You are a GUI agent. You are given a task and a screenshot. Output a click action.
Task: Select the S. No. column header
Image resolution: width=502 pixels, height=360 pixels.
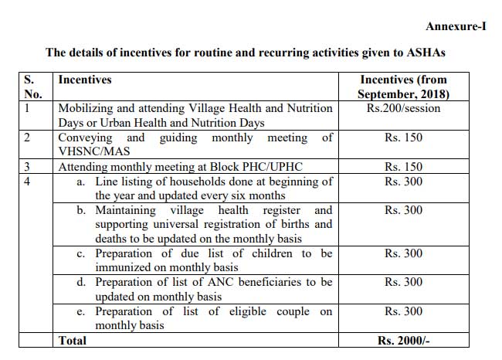tap(34, 87)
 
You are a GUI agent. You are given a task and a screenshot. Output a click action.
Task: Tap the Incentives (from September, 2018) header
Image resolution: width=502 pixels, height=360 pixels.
tap(403, 87)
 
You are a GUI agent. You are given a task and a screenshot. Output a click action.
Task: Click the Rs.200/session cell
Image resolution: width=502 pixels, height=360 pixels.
tap(403, 108)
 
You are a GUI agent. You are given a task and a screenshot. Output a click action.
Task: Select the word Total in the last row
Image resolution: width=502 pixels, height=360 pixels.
tap(73, 340)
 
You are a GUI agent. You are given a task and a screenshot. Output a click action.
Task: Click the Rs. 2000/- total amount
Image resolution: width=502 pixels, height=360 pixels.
tap(403, 340)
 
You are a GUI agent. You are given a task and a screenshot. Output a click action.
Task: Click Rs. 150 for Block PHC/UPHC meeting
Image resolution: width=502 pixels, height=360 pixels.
tap(403, 166)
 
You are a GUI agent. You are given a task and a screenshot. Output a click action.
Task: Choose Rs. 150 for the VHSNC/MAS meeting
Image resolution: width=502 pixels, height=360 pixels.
tap(403, 138)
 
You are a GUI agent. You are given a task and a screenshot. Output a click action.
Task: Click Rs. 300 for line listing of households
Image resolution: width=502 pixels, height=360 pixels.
tap(403, 181)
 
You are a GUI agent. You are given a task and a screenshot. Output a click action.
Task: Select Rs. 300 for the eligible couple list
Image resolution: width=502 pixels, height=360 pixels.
tap(403, 311)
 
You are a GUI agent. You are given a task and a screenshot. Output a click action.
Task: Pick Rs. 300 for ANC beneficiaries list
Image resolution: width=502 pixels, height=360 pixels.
tap(403, 283)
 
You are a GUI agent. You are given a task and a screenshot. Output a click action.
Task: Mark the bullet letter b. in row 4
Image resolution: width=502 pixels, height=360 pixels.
tap(84, 210)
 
